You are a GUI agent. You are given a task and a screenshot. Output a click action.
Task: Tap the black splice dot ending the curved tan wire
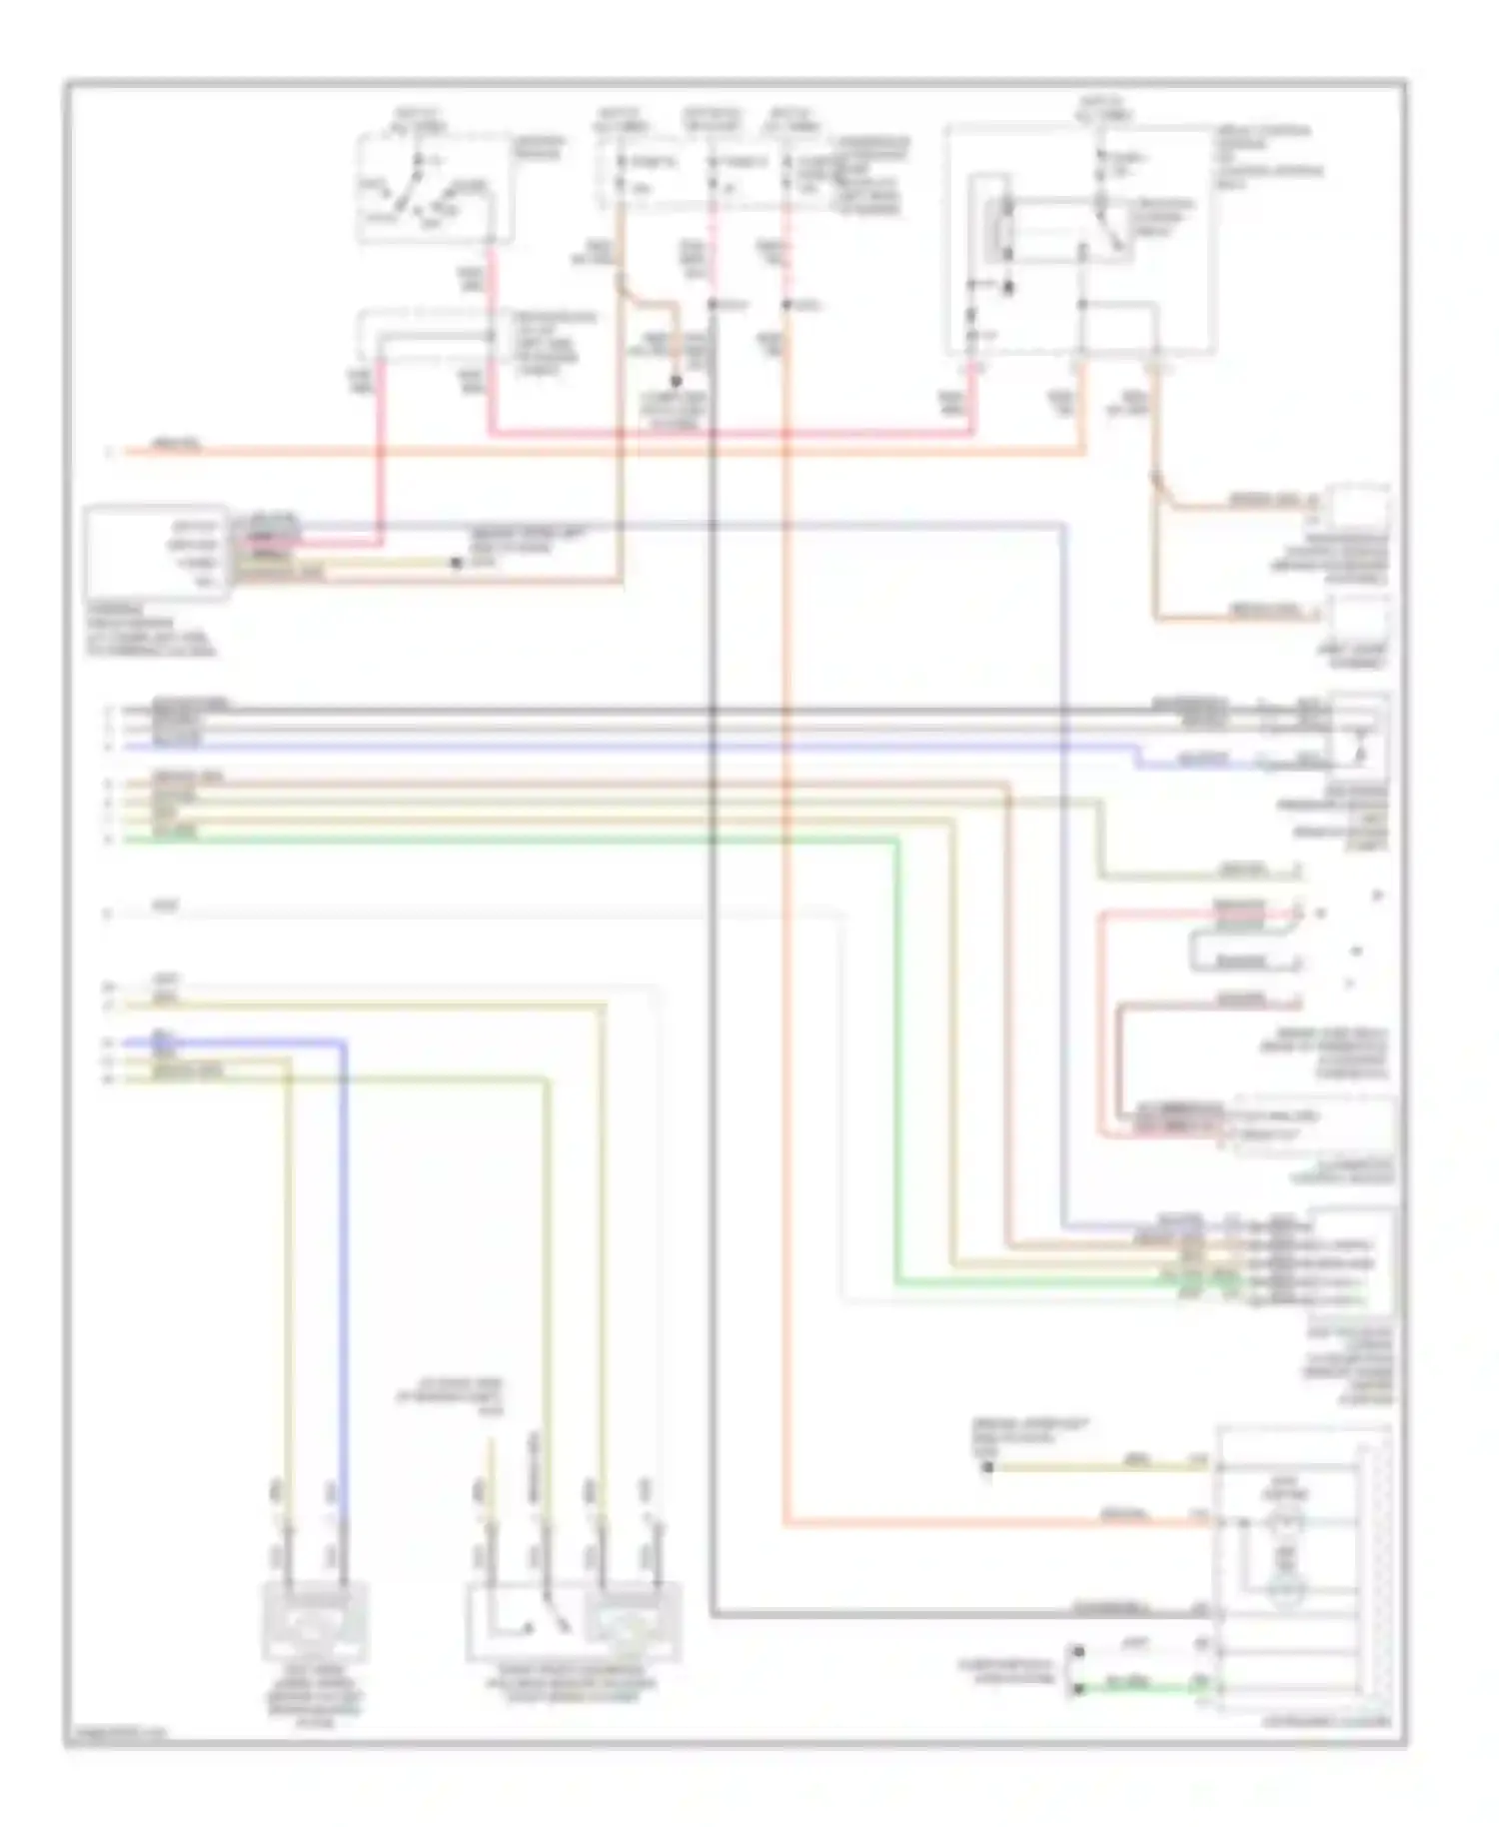pos(677,381)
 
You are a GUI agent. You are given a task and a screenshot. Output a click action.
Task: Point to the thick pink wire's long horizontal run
pos(730,434)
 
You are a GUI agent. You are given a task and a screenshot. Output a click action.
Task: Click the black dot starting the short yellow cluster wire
pos(987,1467)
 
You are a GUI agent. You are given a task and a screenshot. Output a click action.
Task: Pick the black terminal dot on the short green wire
pos(1077,1689)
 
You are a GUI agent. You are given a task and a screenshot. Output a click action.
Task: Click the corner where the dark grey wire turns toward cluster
pos(714,1613)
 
